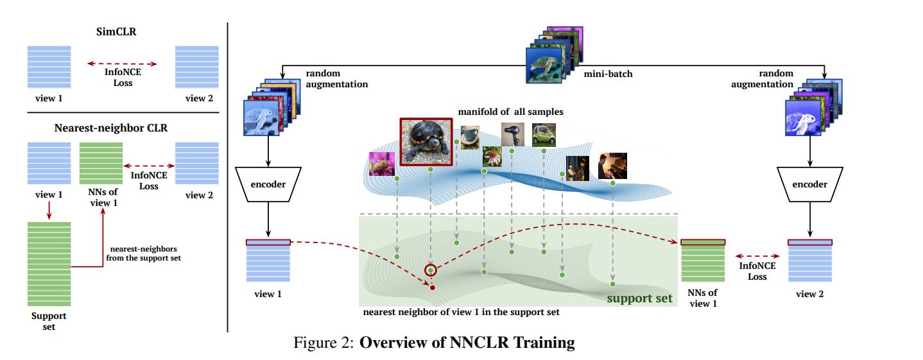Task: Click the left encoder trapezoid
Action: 268,184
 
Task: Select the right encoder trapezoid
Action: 809,184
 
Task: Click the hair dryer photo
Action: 512,135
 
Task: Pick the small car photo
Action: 544,135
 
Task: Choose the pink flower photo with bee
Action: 381,164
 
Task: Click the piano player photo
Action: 612,166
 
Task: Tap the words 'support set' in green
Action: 639,298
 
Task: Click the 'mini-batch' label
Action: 608,74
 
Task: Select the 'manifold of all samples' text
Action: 510,112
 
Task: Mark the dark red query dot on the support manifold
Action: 432,287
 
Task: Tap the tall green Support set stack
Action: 49,264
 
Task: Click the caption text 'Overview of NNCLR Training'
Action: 467,343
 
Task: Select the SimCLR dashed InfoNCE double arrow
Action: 122,64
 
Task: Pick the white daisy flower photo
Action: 491,156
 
